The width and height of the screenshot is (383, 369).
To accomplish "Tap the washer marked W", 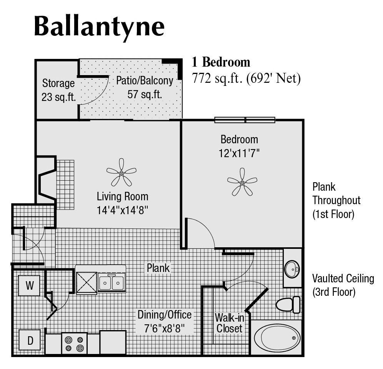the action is point(29,285).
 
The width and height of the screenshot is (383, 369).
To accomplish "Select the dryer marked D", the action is point(30,340).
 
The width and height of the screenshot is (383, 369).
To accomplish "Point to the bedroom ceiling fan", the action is point(242,181).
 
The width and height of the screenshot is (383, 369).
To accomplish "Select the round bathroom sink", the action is point(292,268).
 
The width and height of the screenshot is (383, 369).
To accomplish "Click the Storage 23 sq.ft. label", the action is point(58,90).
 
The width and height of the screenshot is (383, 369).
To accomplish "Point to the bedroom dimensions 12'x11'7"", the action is point(239,153).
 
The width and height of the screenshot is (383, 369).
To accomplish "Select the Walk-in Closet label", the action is point(228,323).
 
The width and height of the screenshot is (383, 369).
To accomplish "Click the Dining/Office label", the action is point(165,314).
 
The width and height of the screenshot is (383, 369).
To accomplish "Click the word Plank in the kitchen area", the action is point(158,268).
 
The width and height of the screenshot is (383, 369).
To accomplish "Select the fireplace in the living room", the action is point(47,180).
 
